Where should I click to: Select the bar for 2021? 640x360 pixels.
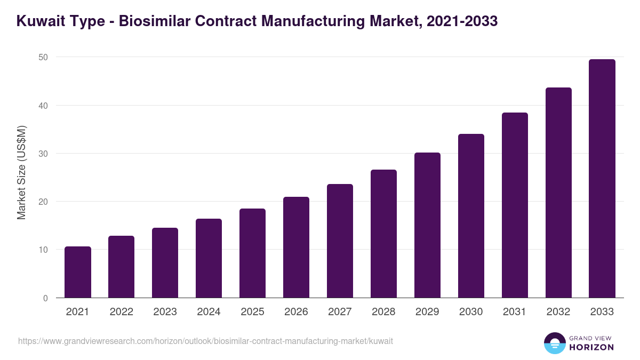pyautogui.click(x=78, y=272)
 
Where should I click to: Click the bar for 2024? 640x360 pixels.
pyautogui.click(x=209, y=258)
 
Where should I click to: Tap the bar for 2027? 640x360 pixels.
pyautogui.click(x=340, y=241)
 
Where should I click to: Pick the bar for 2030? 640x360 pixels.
pyautogui.click(x=471, y=216)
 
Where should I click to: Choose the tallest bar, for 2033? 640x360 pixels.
pyautogui.click(x=602, y=179)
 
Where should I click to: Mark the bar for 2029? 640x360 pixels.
pyautogui.click(x=428, y=225)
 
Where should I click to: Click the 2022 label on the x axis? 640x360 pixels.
pyautogui.click(x=122, y=312)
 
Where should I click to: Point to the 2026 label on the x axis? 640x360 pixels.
pyautogui.click(x=297, y=312)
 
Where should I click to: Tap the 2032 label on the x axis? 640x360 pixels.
pyautogui.click(x=558, y=312)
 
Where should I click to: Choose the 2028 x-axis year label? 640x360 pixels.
pyautogui.click(x=384, y=312)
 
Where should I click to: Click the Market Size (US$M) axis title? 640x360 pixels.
pyautogui.click(x=21, y=172)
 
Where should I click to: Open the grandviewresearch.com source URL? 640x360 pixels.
pyautogui.click(x=205, y=341)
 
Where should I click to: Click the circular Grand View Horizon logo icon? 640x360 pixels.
pyautogui.click(x=555, y=343)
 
